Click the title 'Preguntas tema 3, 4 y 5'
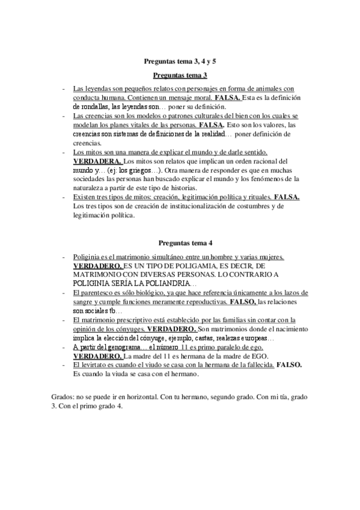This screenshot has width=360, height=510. coord(180,61)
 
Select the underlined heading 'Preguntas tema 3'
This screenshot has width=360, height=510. coord(180,75)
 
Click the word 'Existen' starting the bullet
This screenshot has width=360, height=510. coord(85,197)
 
